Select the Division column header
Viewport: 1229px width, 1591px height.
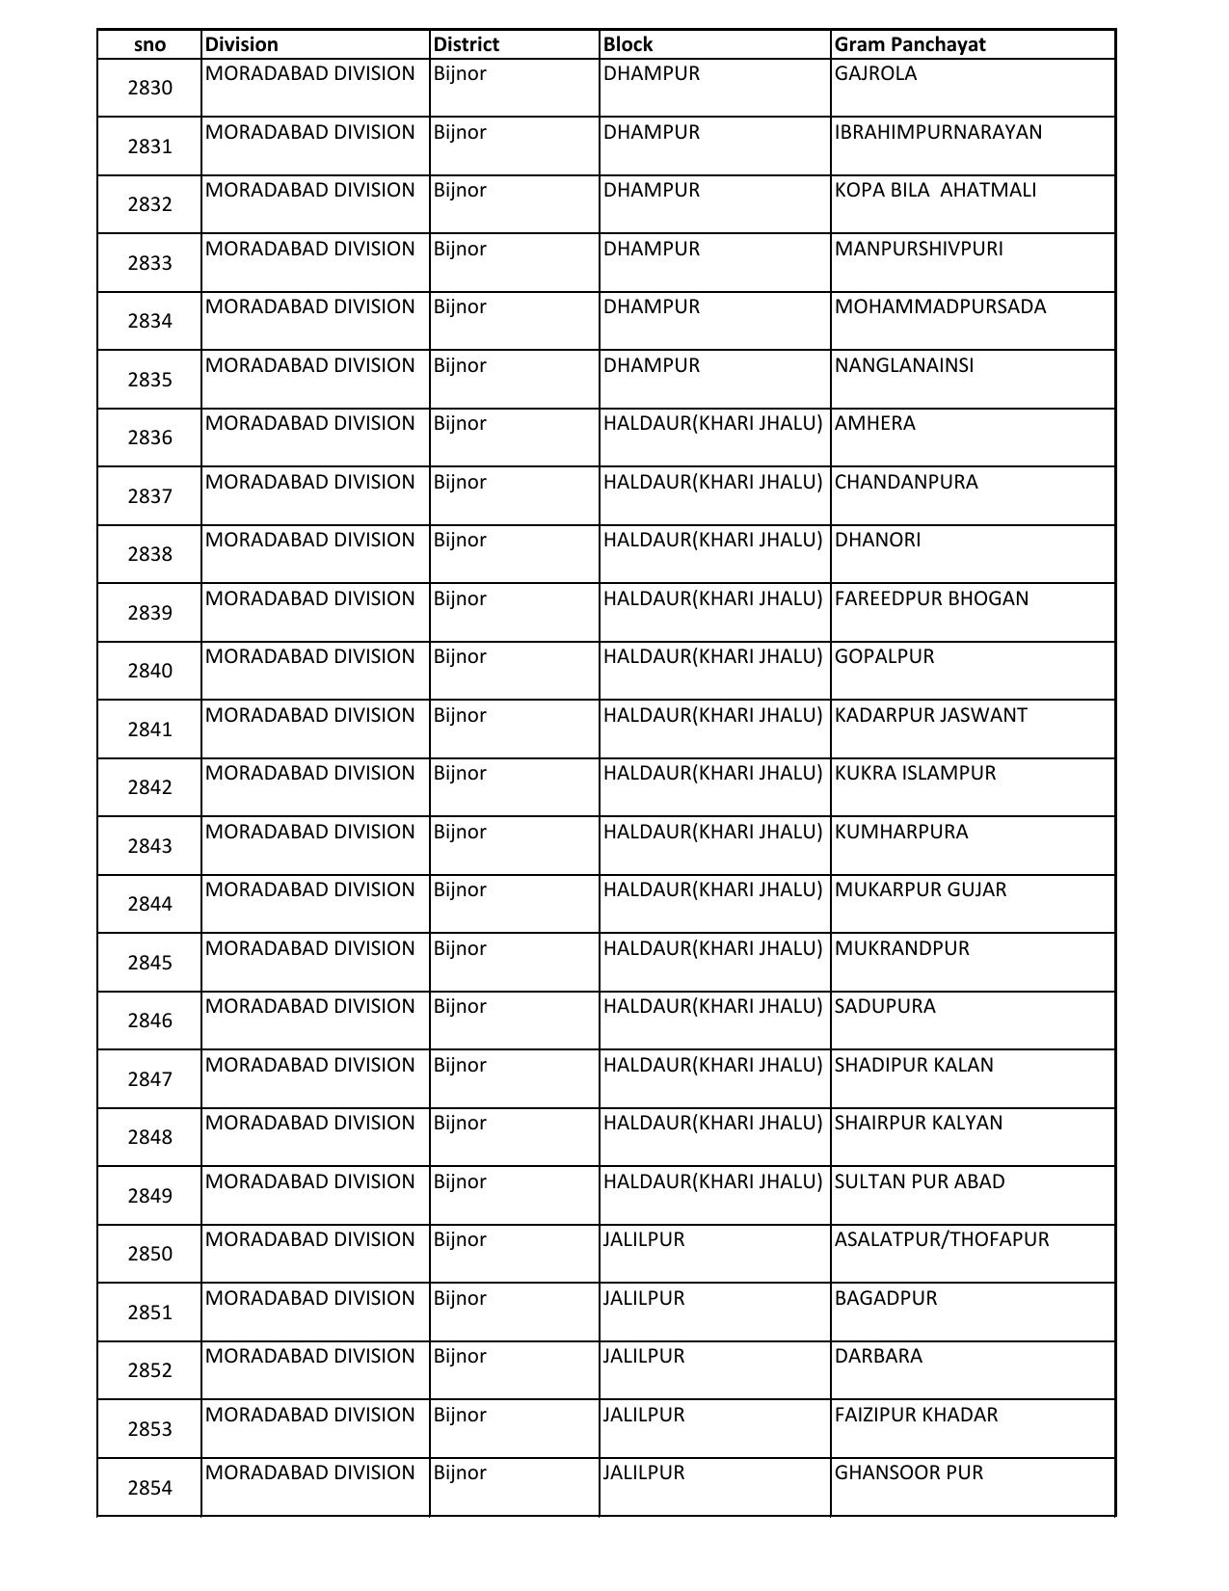tap(241, 44)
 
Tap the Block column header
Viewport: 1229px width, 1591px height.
tap(628, 44)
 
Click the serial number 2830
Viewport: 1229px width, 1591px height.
tap(149, 88)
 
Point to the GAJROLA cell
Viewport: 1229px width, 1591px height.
tap(875, 74)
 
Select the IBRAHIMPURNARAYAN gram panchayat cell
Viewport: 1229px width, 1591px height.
tap(938, 132)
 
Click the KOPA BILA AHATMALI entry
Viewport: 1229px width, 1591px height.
tap(935, 190)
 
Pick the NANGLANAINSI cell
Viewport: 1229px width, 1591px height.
tap(904, 365)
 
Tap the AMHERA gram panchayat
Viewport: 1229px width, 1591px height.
tap(874, 423)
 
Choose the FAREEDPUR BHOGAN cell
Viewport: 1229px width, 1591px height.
tap(931, 598)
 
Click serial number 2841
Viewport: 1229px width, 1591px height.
tap(149, 729)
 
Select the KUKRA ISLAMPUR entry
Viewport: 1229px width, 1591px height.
tap(915, 773)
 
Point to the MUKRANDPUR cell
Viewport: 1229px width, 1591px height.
tap(901, 948)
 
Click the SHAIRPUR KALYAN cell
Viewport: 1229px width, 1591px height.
tap(918, 1123)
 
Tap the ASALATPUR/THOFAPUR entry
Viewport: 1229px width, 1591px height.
tap(941, 1239)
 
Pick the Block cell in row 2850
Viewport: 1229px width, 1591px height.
tap(644, 1239)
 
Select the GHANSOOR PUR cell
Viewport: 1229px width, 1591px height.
tap(908, 1472)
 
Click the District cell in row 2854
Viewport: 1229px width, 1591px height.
tap(460, 1472)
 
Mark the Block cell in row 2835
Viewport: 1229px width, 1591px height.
tap(652, 365)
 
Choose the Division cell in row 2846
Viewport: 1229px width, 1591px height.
tap(309, 1006)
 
